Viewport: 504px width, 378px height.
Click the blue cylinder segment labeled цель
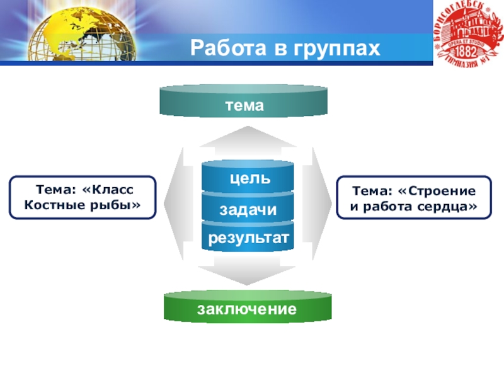248,178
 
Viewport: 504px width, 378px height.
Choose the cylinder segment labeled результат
248,238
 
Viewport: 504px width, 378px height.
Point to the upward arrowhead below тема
248,138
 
